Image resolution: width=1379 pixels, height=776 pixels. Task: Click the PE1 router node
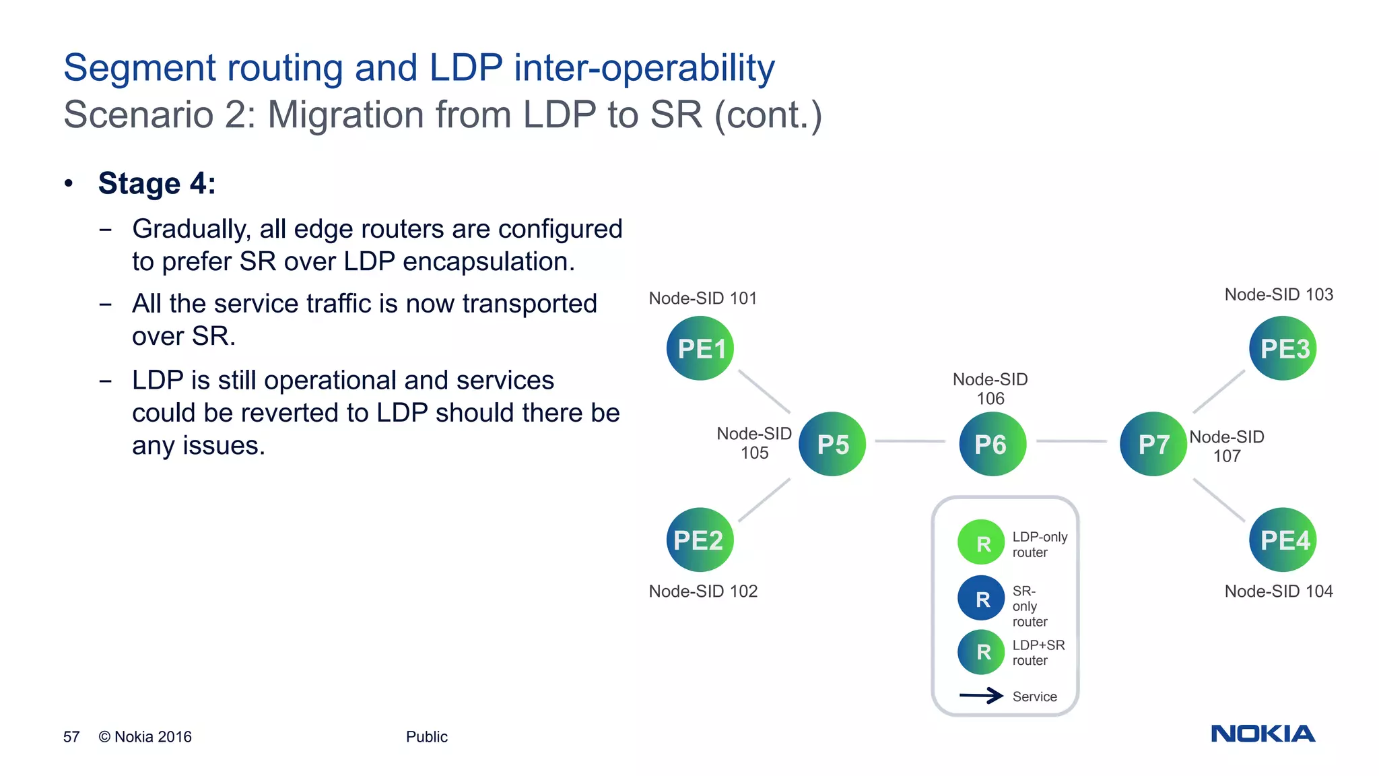(700, 348)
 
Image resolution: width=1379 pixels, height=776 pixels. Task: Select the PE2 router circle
(700, 540)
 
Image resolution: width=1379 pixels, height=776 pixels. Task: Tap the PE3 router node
(1283, 348)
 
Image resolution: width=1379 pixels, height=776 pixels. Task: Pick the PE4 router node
(1283, 540)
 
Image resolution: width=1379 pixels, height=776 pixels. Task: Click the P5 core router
(832, 444)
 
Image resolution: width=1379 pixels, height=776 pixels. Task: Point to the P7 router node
(1153, 444)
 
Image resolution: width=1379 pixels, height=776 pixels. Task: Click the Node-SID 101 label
(703, 298)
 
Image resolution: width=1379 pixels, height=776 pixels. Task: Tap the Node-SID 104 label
(1278, 591)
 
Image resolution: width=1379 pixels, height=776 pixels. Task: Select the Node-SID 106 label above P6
(990, 389)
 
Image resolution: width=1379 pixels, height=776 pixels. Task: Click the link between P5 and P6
(910, 441)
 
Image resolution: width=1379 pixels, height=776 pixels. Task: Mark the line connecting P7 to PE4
(1219, 500)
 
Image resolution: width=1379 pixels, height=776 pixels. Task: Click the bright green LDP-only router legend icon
(981, 542)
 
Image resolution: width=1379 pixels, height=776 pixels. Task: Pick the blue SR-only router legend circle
(981, 598)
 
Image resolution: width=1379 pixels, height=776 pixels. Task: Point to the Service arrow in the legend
(982, 696)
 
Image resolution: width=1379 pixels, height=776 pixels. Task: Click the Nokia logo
(1263, 734)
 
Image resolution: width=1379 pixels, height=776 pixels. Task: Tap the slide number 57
(71, 737)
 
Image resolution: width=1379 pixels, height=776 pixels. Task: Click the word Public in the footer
(426, 737)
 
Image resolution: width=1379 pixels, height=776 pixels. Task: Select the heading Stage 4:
(157, 184)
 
